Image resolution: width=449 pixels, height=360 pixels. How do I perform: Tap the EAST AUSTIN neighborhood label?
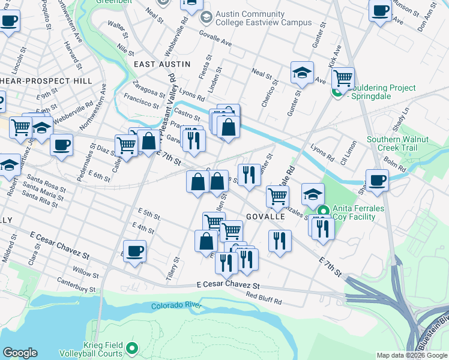tap(161, 64)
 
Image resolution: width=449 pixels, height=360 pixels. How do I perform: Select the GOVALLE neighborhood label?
tap(264, 216)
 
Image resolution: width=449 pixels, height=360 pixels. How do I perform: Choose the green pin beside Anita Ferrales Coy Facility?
tap(323, 210)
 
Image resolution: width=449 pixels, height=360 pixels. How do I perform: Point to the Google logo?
tap(20, 353)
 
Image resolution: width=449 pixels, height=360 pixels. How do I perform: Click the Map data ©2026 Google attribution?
tap(412, 355)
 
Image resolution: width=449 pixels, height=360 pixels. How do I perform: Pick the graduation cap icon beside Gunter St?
tap(302, 73)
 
